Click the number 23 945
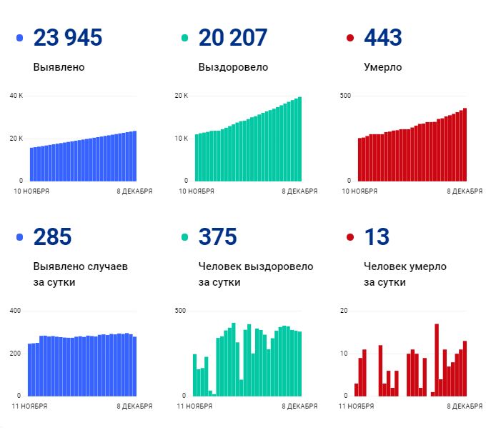68,38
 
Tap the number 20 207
234,38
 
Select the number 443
383,38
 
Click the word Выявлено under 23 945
59,68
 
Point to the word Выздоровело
233,68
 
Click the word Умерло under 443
382,68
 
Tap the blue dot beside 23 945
19,39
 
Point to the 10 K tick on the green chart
182,138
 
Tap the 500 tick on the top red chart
344,96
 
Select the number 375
218,237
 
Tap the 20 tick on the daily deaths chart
344,311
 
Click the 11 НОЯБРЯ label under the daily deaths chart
357,406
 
